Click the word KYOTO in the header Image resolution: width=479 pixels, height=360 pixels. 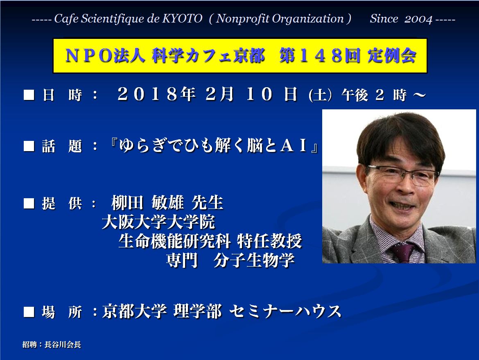[182, 19]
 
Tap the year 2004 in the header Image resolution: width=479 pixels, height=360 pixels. [418, 19]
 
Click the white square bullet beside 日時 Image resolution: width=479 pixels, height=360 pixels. [29, 95]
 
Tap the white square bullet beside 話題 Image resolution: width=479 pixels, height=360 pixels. [29, 146]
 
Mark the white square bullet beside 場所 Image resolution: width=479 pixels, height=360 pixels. [29, 312]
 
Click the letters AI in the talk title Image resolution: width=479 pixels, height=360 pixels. [293, 146]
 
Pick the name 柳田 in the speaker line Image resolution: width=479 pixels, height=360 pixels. [127, 203]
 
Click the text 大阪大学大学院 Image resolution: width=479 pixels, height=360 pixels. [158, 222]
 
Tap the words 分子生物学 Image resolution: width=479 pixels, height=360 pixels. [254, 260]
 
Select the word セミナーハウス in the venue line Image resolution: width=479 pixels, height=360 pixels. [285, 311]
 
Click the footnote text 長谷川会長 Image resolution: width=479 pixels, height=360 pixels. [63, 345]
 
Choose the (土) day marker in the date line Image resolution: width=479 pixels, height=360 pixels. [320, 95]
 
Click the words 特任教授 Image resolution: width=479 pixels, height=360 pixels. [269, 241]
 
